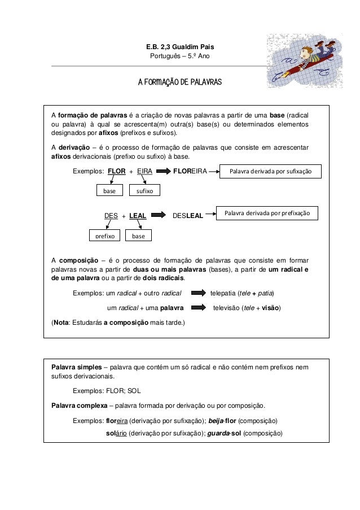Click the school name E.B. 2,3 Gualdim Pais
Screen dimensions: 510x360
coord(180,46)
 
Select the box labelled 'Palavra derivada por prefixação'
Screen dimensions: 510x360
coord(271,213)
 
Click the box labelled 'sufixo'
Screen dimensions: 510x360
coord(141,191)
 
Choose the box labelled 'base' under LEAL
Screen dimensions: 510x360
coord(138,236)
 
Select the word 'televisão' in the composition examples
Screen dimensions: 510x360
coord(228,308)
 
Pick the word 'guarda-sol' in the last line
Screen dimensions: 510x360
coord(221,434)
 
